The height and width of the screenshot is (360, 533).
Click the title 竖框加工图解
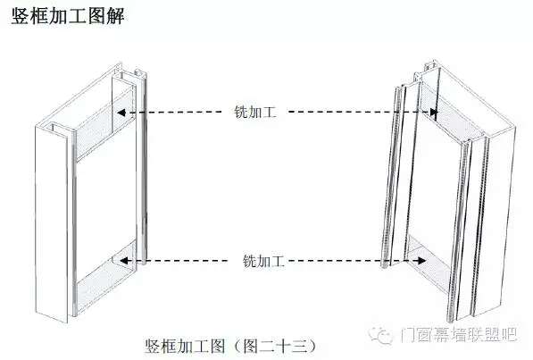[x=68, y=16]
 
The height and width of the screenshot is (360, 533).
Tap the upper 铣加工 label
[x=255, y=112]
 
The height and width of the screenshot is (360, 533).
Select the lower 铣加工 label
[x=263, y=261]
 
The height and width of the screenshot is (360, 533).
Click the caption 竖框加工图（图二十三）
[x=230, y=346]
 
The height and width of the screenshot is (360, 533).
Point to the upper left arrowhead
[x=121, y=112]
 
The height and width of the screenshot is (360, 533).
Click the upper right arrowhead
[x=433, y=112]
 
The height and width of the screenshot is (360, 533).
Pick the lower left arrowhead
[x=122, y=261]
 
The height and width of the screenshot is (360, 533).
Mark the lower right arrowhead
[x=421, y=261]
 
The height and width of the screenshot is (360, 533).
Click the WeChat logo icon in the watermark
[x=381, y=335]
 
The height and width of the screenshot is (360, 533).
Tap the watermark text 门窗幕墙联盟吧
[x=458, y=335]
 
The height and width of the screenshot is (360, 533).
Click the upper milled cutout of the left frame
[x=105, y=124]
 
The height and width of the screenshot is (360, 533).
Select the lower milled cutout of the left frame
[x=106, y=277]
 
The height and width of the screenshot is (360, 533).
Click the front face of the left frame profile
[x=51, y=222]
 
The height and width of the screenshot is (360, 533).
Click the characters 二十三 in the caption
[x=284, y=346]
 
